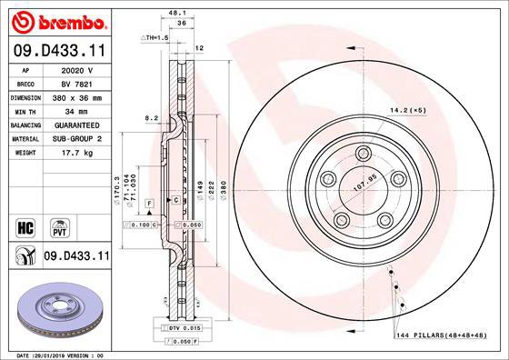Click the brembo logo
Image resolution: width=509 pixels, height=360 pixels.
click(55, 20)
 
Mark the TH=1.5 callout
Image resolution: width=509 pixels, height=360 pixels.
click(155, 37)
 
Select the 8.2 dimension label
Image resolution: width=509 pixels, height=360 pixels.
click(152, 117)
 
